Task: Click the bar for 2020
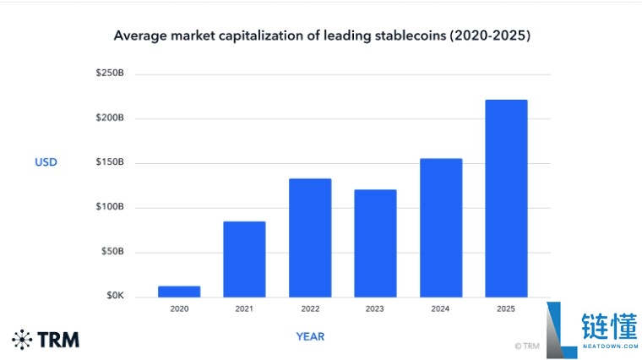[179, 292]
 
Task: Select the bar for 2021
[244, 259]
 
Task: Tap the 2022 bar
[310, 238]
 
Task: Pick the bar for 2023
[375, 243]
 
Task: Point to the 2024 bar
[441, 227]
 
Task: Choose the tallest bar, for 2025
[507, 199]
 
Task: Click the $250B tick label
[110, 73]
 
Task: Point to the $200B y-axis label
[110, 117]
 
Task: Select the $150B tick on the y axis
[110, 161]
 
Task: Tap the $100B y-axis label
[110, 206]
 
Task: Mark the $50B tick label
[112, 251]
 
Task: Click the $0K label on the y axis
[115, 295]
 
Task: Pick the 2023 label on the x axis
[374, 308]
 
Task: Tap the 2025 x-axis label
[506, 308]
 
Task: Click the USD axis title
[46, 162]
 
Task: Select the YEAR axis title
[310, 336]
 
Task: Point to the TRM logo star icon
[22, 340]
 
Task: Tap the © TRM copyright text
[527, 346]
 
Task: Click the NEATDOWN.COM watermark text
[611, 346]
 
